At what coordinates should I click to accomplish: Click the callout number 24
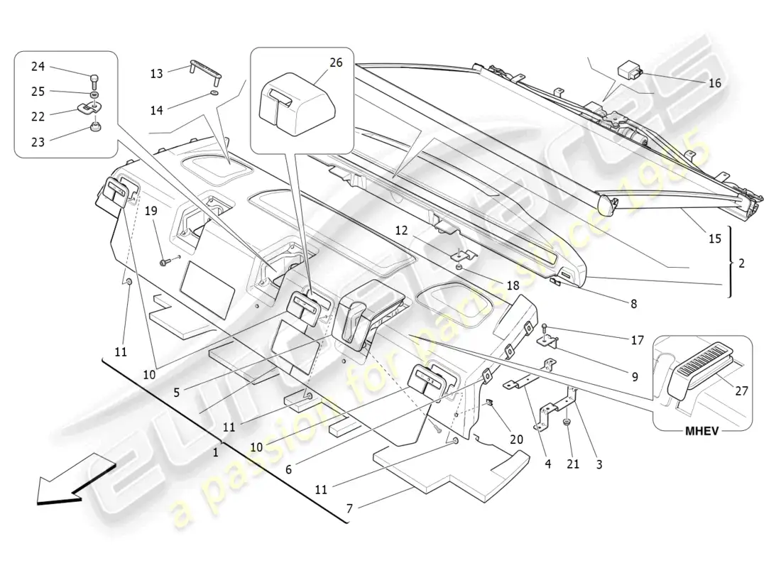pyautogui.click(x=38, y=67)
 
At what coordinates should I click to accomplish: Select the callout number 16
pyautogui.click(x=715, y=83)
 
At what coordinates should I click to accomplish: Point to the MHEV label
pyautogui.click(x=702, y=431)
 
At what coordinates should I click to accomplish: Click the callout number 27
pyautogui.click(x=742, y=391)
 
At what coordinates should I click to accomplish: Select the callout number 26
pyautogui.click(x=337, y=62)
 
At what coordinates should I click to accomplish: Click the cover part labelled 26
pyautogui.click(x=297, y=104)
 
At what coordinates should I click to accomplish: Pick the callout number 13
pyautogui.click(x=156, y=74)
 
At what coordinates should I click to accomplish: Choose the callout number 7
pyautogui.click(x=349, y=508)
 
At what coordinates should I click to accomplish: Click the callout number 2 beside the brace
pyautogui.click(x=741, y=263)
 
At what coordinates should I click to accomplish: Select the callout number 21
pyautogui.click(x=573, y=464)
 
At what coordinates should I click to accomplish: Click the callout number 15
pyautogui.click(x=715, y=239)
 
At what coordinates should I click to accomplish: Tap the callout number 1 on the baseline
pyautogui.click(x=216, y=453)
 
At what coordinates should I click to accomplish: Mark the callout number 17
pyautogui.click(x=637, y=340)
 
